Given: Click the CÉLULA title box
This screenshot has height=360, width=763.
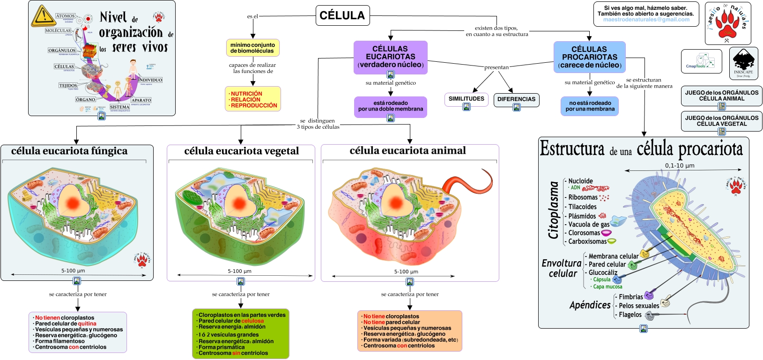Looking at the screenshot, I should click(x=342, y=15).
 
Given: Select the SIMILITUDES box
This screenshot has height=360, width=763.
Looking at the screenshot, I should click(x=466, y=99).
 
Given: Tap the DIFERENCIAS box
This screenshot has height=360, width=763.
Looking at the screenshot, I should click(x=516, y=99).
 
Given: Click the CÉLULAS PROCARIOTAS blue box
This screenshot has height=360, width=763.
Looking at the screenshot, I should click(x=589, y=57).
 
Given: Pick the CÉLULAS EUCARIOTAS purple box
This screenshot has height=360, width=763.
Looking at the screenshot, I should click(x=390, y=57).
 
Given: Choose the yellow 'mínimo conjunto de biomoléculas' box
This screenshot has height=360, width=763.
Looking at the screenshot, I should click(x=252, y=48).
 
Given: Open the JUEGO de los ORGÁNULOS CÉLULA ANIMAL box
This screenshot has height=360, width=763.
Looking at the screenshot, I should click(x=721, y=96).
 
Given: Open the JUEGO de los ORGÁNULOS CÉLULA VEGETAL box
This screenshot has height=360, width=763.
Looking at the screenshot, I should click(x=721, y=121).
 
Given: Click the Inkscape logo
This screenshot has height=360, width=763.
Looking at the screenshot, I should click(x=743, y=63).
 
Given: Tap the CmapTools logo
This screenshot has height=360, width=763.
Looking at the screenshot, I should click(x=701, y=61).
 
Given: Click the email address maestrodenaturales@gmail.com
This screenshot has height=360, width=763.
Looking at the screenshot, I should click(x=646, y=20).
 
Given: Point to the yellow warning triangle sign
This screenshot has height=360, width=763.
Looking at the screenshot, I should click(x=43, y=16).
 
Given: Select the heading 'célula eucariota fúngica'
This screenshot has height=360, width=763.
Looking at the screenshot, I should click(x=69, y=151).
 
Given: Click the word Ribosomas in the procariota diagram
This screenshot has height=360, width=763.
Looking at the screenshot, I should click(x=583, y=198).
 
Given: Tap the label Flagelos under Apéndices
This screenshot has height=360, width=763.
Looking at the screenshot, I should click(x=630, y=315).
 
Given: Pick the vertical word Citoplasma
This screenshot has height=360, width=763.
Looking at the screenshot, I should click(x=554, y=210).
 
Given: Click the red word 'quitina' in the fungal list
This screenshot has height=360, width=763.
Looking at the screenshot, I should click(x=87, y=323).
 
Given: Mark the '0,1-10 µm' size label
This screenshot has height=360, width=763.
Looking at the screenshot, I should click(x=680, y=165).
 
